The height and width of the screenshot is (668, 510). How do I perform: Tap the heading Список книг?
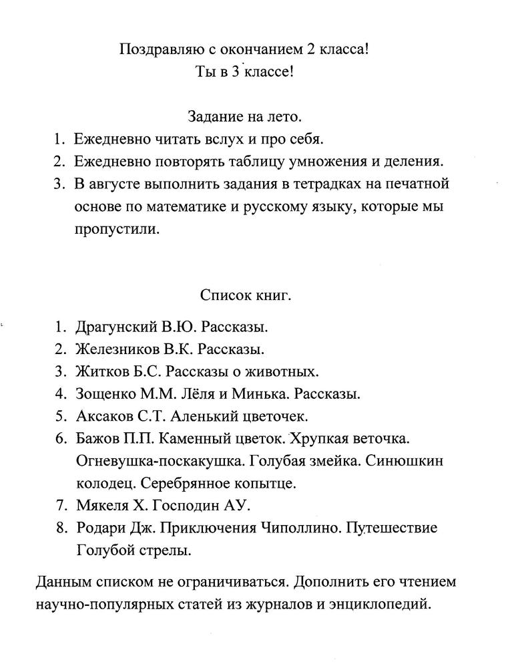click(245, 295)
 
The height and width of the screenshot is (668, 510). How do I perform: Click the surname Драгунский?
click(115, 327)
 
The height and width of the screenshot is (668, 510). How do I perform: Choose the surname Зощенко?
click(103, 393)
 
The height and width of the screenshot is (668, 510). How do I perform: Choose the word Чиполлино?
click(292, 528)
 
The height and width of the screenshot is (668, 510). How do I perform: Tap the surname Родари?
click(100, 528)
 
